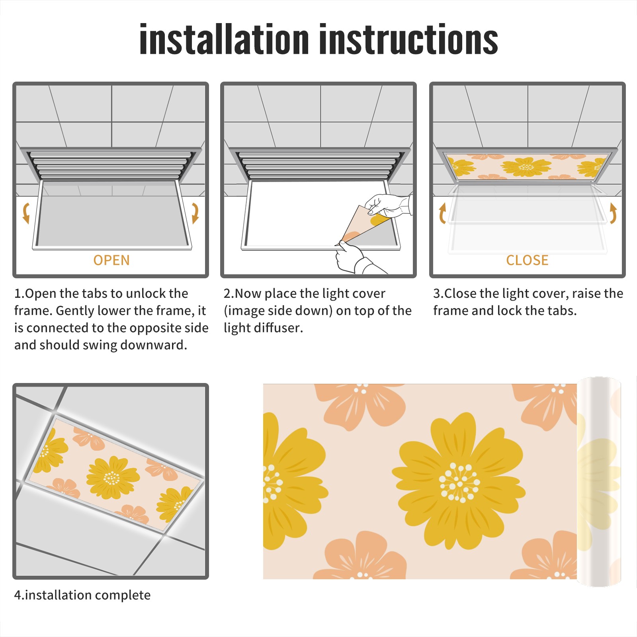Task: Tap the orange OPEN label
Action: tap(111, 260)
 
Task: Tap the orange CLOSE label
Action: tap(527, 260)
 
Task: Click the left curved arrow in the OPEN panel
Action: tap(26, 213)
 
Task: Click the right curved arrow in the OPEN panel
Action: tap(195, 213)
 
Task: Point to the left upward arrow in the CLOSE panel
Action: tap(442, 213)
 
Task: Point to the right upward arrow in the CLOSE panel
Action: tap(613, 213)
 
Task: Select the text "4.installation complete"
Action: tap(82, 595)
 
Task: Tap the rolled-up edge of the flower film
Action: tap(598, 482)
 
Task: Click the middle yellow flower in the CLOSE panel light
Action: tap(526, 167)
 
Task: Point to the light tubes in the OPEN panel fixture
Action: tap(111, 165)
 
